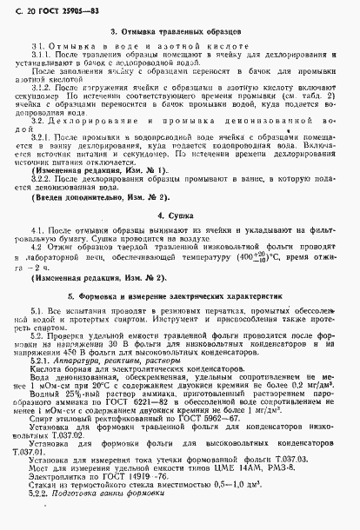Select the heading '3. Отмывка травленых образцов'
pos(180,32)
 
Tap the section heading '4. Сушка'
pos(179,213)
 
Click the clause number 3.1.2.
pos(41,88)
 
